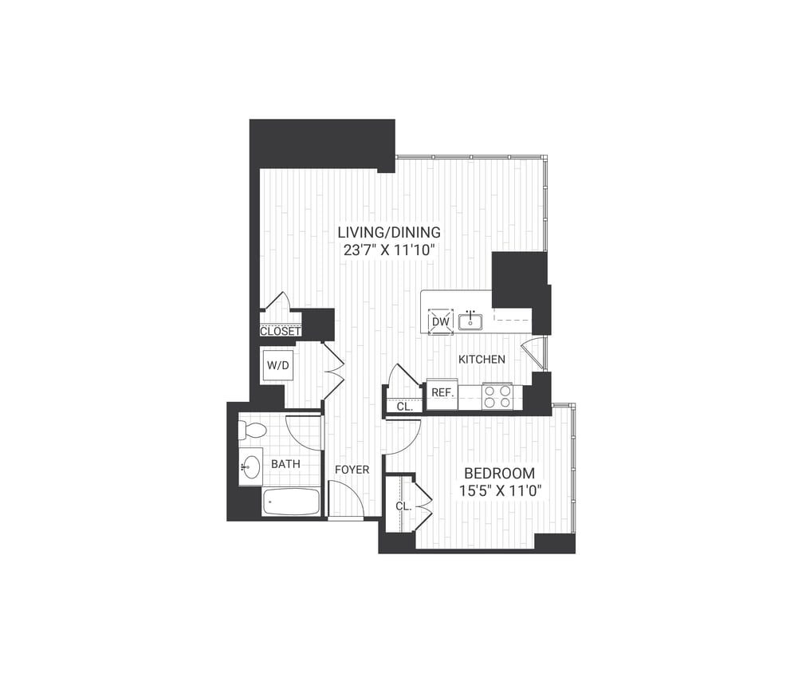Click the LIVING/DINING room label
(389, 232)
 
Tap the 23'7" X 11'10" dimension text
(389, 249)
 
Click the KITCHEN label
(482, 360)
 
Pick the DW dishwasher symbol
(441, 322)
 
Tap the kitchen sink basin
(471, 321)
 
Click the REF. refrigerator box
(442, 393)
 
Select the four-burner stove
(497, 396)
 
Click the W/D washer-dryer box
(277, 366)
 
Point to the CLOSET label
(280, 331)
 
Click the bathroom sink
(251, 466)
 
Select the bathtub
(291, 503)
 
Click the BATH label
(285, 463)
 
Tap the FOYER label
(352, 470)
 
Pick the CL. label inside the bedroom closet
(403, 506)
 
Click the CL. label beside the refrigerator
(404, 406)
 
